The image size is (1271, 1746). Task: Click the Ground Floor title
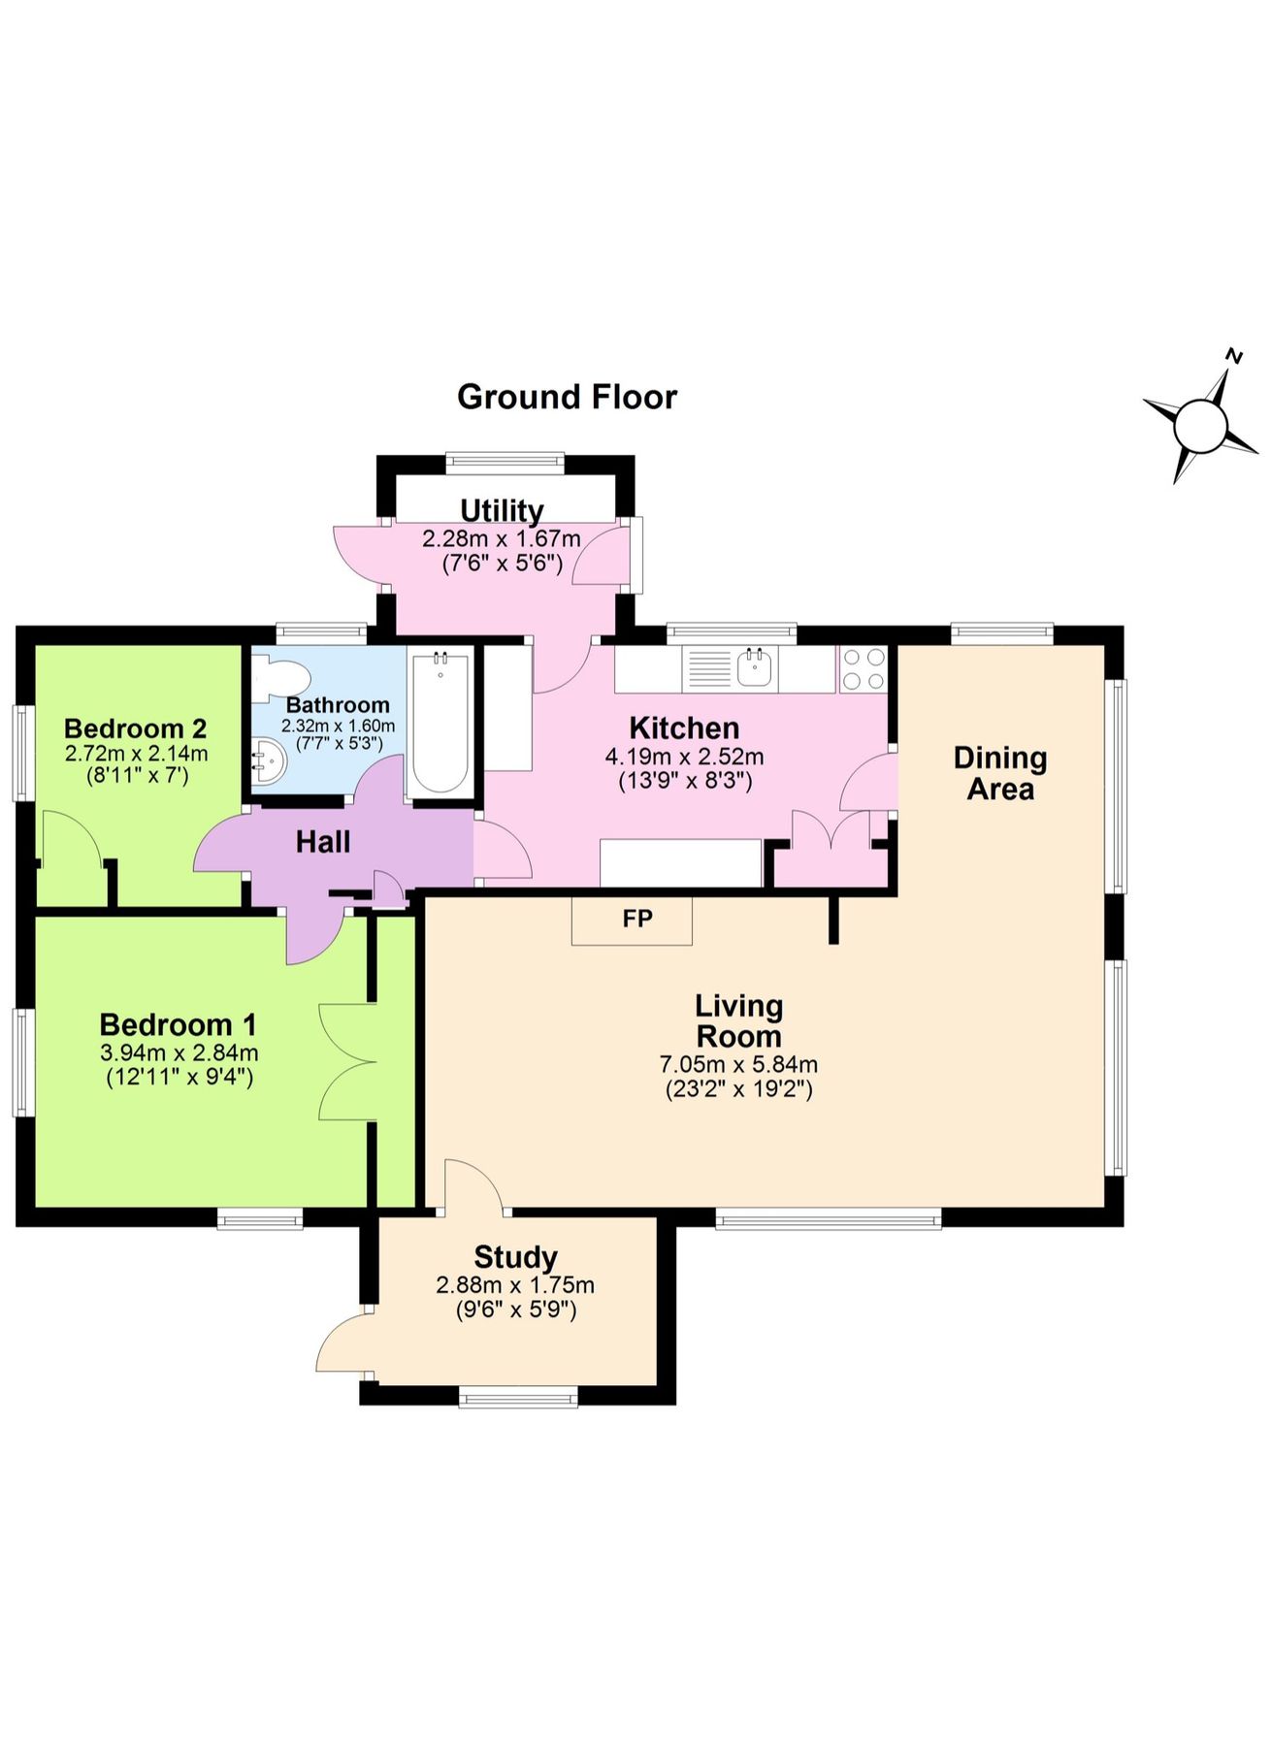[x=567, y=397]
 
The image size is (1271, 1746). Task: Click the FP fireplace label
[x=636, y=919]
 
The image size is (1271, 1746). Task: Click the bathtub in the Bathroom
[x=441, y=724]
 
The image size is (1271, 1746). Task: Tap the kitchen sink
[x=754, y=668]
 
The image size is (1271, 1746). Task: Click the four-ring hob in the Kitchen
[x=864, y=669]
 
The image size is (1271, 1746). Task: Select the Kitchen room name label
[x=684, y=727]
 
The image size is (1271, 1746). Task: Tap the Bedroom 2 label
[x=135, y=727]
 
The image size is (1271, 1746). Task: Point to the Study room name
[x=515, y=1257]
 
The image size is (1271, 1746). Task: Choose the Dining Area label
[x=999, y=773]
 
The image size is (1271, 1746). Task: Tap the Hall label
[x=323, y=841]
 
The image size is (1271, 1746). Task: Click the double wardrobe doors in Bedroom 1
[x=347, y=1062]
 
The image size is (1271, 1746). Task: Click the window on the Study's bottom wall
[x=517, y=1398]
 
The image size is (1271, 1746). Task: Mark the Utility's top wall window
[x=505, y=463]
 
